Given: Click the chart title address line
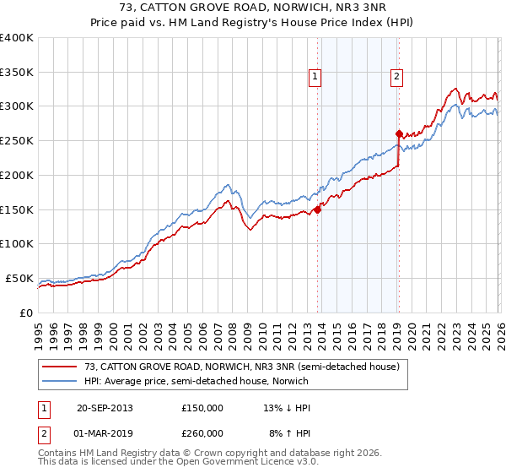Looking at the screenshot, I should [x=253, y=8].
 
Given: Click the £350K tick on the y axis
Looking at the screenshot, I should [x=17, y=72].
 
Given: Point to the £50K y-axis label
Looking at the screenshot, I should [x=19, y=278].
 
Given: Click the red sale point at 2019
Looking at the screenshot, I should [x=398, y=133].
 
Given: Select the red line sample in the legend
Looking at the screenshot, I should [x=60, y=366].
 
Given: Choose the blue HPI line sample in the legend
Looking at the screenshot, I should [x=60, y=381].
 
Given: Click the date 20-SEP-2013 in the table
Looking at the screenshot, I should [x=105, y=408].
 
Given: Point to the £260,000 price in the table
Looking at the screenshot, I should [x=202, y=432].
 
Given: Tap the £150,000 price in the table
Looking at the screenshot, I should [x=202, y=408].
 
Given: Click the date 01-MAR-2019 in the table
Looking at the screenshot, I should [x=105, y=432].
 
